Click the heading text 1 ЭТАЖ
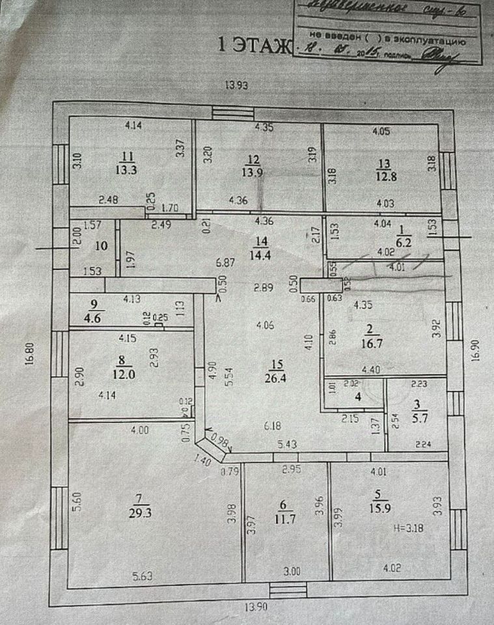pyautogui.click(x=256, y=45)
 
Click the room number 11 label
pyautogui.click(x=126, y=156)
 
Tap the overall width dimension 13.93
pyautogui.click(x=238, y=84)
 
